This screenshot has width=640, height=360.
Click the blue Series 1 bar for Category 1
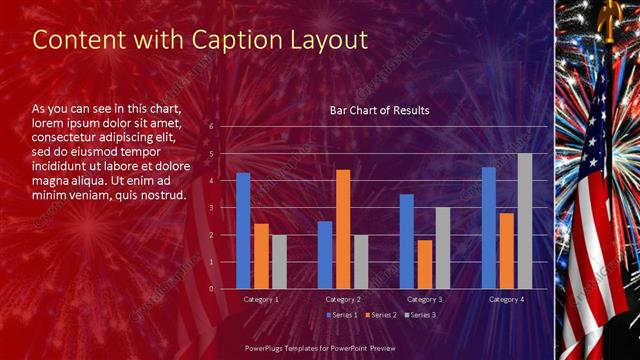[243, 231]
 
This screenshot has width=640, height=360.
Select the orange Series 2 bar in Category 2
[343, 229]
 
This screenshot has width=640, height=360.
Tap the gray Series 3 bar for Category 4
[525, 221]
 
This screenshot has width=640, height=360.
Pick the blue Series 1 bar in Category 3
[407, 241]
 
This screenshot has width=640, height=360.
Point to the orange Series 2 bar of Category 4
[507, 251]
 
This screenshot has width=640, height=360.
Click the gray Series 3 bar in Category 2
[361, 262]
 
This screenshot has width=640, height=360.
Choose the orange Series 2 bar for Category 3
[425, 264]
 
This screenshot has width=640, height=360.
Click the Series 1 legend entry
[343, 315]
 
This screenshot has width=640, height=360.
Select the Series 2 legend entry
[381, 315]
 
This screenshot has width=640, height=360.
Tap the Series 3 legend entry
[420, 315]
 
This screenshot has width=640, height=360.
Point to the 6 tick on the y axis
[211, 127]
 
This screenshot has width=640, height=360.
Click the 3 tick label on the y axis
[211, 208]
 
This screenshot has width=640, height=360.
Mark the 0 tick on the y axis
[211, 289]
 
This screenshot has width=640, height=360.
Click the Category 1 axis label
[261, 299]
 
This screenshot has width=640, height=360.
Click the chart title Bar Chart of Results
[379, 110]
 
